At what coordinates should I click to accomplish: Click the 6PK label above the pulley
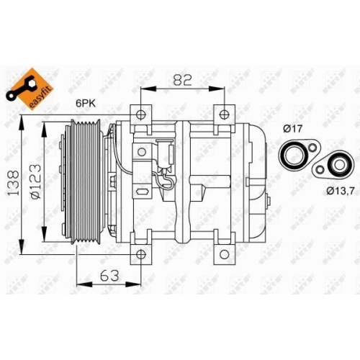click(x=87, y=103)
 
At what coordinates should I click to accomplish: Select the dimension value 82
click(x=181, y=80)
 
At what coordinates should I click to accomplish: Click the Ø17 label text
click(x=292, y=130)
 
